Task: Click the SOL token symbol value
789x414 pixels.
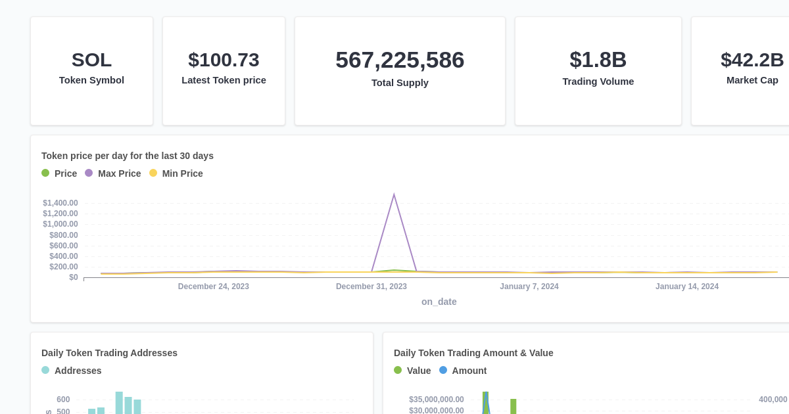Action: click(x=91, y=60)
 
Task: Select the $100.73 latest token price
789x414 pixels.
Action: click(x=224, y=60)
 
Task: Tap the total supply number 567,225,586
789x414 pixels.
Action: click(x=400, y=60)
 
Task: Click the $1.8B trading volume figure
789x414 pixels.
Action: click(x=598, y=60)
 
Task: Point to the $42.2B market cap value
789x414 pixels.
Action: click(x=752, y=60)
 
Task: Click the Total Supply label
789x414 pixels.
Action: click(x=400, y=83)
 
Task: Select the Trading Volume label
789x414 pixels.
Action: click(x=598, y=81)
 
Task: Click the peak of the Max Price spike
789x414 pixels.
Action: click(x=394, y=195)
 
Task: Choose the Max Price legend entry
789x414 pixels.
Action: click(x=112, y=173)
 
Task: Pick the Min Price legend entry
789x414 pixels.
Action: click(x=176, y=173)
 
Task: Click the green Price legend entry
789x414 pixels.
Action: click(x=59, y=173)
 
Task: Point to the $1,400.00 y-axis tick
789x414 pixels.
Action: click(x=60, y=203)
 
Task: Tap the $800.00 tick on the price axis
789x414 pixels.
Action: click(x=63, y=235)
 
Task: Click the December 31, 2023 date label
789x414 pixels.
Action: click(x=371, y=287)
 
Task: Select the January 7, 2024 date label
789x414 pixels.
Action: click(x=529, y=287)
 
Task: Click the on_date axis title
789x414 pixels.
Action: click(x=439, y=302)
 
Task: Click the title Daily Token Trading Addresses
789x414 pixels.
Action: click(x=109, y=353)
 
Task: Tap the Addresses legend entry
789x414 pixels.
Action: click(x=72, y=371)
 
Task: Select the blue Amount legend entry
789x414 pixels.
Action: click(x=463, y=371)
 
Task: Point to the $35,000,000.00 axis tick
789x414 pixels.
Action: click(x=436, y=400)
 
